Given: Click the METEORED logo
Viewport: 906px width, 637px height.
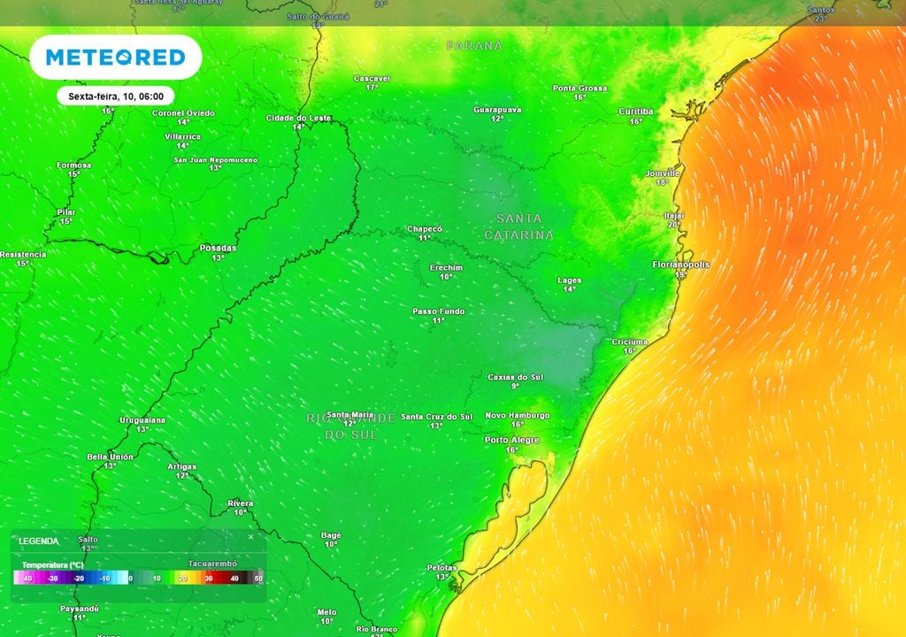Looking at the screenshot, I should point(115,58).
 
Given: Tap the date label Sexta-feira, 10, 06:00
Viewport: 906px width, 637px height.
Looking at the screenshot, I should point(115,96).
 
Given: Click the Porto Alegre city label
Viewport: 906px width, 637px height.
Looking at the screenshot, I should point(511,440).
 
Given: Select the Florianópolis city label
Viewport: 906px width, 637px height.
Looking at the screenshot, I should point(681,265).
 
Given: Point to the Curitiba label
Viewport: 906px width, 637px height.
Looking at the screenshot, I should point(635,111).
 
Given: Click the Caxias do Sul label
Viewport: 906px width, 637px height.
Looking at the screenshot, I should point(515,377).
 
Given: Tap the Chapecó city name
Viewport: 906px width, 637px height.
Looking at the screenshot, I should point(424,228).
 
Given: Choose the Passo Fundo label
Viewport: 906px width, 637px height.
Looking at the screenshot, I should point(438,311).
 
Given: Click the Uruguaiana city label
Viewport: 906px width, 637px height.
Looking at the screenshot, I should point(142,419).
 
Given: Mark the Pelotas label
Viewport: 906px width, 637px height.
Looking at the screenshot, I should point(441,567).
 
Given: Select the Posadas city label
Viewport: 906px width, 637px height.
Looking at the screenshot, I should point(218,248).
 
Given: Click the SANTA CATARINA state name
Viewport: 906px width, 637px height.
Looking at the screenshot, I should point(518,226).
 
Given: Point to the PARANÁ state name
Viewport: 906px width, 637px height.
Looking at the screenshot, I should point(474,45).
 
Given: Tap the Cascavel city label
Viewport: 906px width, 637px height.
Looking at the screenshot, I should point(372,79).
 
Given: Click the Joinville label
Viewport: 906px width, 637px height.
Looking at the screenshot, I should point(663,173).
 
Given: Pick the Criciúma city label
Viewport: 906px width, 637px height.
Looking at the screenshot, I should point(629,342).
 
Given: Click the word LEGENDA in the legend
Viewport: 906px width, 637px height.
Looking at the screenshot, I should point(39,541).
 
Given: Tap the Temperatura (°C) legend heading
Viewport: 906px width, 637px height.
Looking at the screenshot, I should point(52,564).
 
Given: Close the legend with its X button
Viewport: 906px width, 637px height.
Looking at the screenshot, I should point(250,537).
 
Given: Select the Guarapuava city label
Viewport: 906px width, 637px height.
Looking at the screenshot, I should point(497,110).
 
